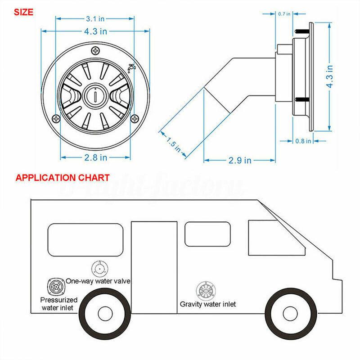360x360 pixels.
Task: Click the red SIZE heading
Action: click(x=20, y=12)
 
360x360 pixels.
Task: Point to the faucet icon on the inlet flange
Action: click(x=132, y=68)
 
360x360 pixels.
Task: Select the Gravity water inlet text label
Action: click(x=207, y=304)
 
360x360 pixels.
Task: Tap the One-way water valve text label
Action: click(x=98, y=281)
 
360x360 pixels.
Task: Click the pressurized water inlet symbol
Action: click(x=54, y=286)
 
